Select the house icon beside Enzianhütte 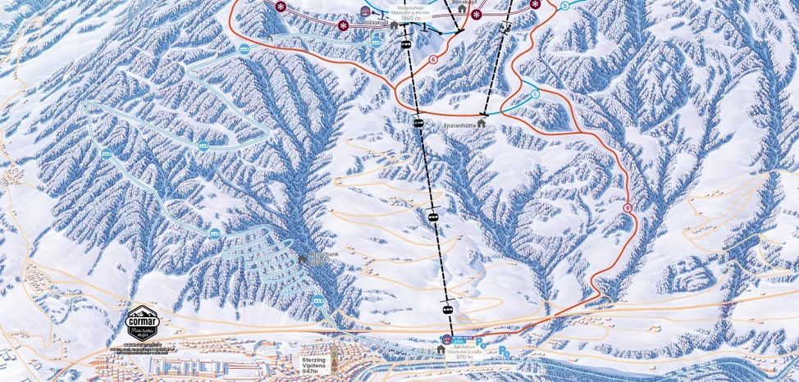click(481, 123)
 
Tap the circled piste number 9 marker click(628, 207)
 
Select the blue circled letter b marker click(564, 5)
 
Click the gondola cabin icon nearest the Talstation click(446, 307)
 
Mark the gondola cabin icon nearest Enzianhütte click(418, 124)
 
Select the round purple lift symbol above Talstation click(446, 339)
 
